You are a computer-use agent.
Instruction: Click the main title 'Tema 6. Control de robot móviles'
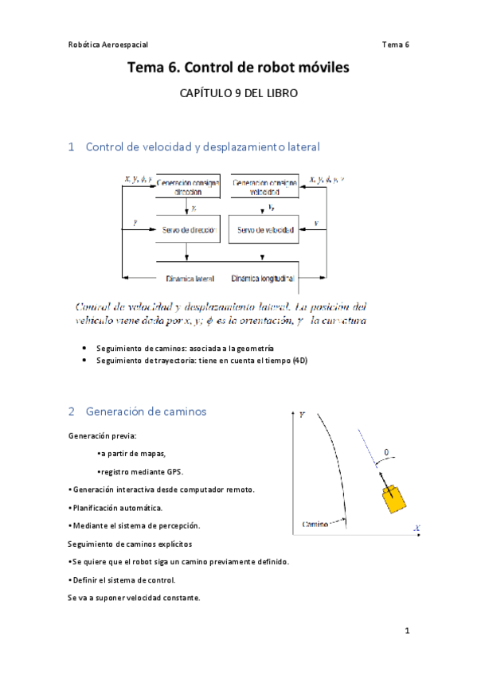[x=238, y=69]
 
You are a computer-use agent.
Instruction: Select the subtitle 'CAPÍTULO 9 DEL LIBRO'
[x=238, y=93]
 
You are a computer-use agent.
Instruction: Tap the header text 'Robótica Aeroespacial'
[x=108, y=45]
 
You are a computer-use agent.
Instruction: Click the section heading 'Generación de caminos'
[x=146, y=412]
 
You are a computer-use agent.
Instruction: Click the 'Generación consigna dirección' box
[x=187, y=186]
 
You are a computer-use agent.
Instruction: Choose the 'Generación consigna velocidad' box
[x=265, y=186]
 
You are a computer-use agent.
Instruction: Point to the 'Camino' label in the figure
[x=317, y=524]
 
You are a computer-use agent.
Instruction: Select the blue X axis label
[x=416, y=528]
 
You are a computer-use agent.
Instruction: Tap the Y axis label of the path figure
[x=303, y=415]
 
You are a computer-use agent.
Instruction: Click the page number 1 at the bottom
[x=406, y=631]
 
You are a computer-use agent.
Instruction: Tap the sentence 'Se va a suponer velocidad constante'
[x=134, y=597]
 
